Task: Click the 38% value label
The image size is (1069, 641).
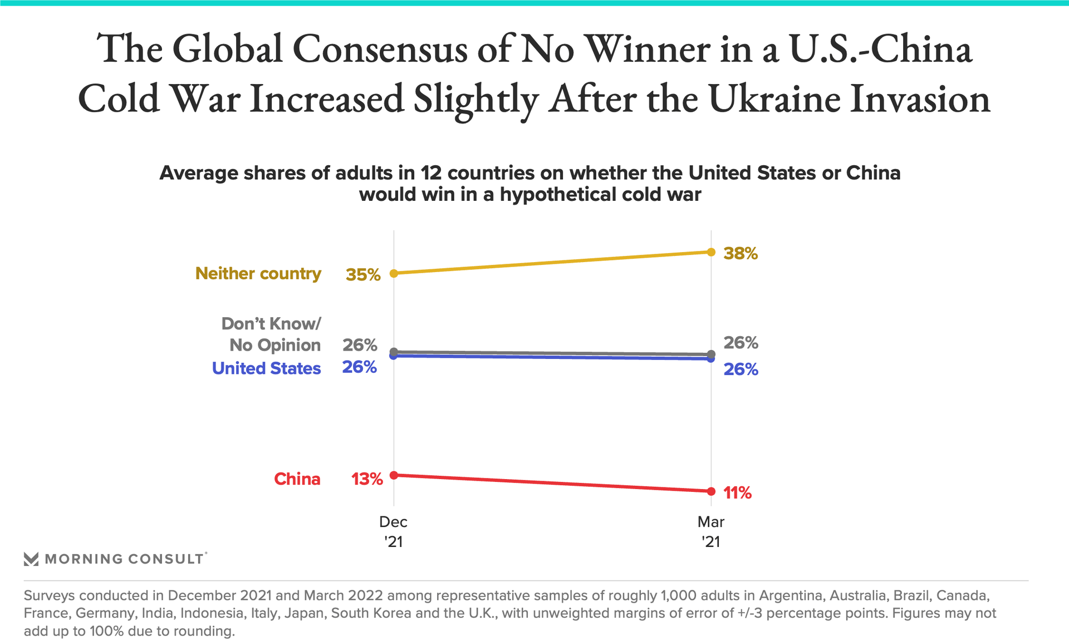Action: [741, 254]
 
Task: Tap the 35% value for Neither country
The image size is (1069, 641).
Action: [363, 274]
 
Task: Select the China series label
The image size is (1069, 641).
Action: [297, 479]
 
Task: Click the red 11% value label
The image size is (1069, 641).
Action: [737, 493]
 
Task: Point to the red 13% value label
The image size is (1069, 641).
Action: [367, 479]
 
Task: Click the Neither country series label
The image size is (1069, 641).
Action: [258, 274]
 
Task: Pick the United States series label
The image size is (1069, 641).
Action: [266, 368]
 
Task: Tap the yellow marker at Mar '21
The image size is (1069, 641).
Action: [711, 252]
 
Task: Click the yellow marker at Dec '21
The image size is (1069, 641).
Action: [394, 273]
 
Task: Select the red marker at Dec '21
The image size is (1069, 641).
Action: [394, 475]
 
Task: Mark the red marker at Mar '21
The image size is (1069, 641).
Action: [711, 491]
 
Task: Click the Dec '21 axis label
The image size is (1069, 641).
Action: [394, 531]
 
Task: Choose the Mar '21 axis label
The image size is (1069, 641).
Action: [711, 531]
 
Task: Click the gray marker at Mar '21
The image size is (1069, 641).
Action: [711, 354]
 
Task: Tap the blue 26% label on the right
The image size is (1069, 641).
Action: [741, 370]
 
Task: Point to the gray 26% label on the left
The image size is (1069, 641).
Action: [360, 345]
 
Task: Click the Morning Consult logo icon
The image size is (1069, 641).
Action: [31, 559]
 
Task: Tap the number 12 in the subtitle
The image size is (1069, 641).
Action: [431, 173]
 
